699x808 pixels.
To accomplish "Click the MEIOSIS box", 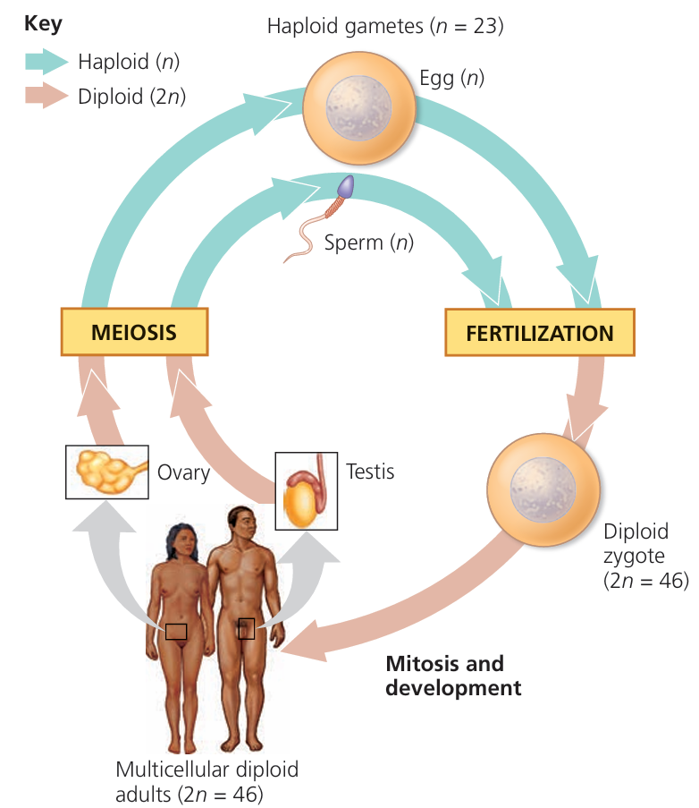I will tap(133, 332).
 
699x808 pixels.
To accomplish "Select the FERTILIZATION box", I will tap(539, 334).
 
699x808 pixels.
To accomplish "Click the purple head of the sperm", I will tap(345, 187).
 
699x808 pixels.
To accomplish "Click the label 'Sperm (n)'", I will tap(369, 242).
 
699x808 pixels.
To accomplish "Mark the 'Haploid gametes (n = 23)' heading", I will tap(385, 26).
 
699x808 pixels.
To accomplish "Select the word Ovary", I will tap(183, 472).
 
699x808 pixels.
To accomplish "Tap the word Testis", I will tap(369, 471).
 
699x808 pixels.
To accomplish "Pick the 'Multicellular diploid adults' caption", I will tap(206, 779).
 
